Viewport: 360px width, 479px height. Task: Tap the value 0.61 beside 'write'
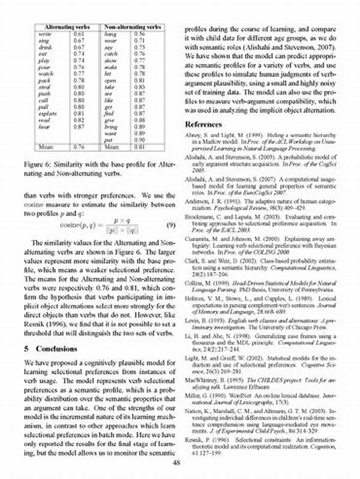(x=78, y=35)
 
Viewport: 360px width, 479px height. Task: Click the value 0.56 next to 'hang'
(x=140, y=35)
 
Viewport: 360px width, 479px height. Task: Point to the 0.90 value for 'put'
(x=140, y=140)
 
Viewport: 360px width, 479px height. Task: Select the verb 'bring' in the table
(x=111, y=127)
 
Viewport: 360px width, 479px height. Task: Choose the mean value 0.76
(x=78, y=146)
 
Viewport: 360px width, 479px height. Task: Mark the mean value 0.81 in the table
(x=140, y=146)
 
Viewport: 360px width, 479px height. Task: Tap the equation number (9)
(x=170, y=225)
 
